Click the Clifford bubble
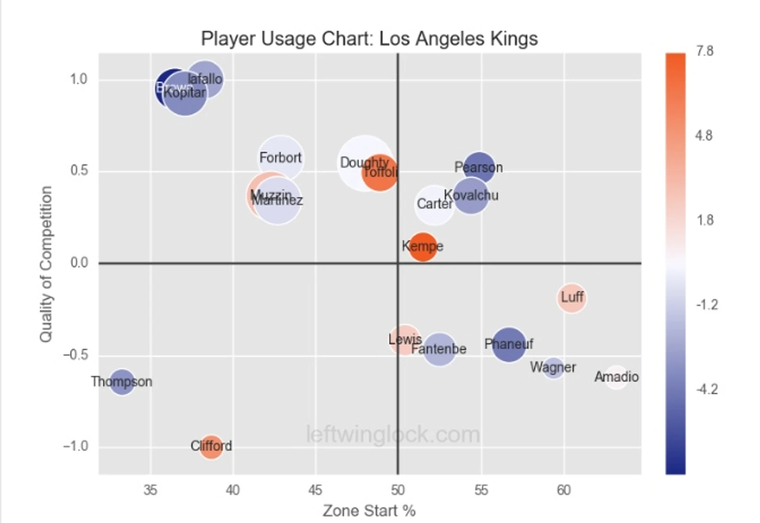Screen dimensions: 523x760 point(211,447)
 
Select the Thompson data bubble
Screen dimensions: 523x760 point(121,382)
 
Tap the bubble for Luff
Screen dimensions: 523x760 point(572,298)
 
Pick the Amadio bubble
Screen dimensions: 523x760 point(616,377)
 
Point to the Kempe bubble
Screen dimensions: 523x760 point(423,246)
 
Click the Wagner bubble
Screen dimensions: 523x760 point(553,368)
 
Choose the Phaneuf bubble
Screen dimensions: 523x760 point(509,344)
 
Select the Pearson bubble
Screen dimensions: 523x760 point(478,167)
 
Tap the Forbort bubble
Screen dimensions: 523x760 point(281,158)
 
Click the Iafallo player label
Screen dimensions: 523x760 point(205,79)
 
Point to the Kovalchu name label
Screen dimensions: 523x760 point(471,195)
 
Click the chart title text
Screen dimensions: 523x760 point(369,39)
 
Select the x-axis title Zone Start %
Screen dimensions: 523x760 point(369,511)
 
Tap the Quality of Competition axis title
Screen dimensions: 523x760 point(46,264)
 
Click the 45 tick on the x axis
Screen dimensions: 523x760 point(315,490)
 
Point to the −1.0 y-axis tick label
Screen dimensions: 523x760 point(75,447)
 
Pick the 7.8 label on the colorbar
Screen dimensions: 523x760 point(704,51)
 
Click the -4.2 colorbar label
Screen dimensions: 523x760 point(706,389)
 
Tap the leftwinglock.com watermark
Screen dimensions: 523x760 point(393,434)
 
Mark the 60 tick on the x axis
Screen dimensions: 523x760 point(564,490)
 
